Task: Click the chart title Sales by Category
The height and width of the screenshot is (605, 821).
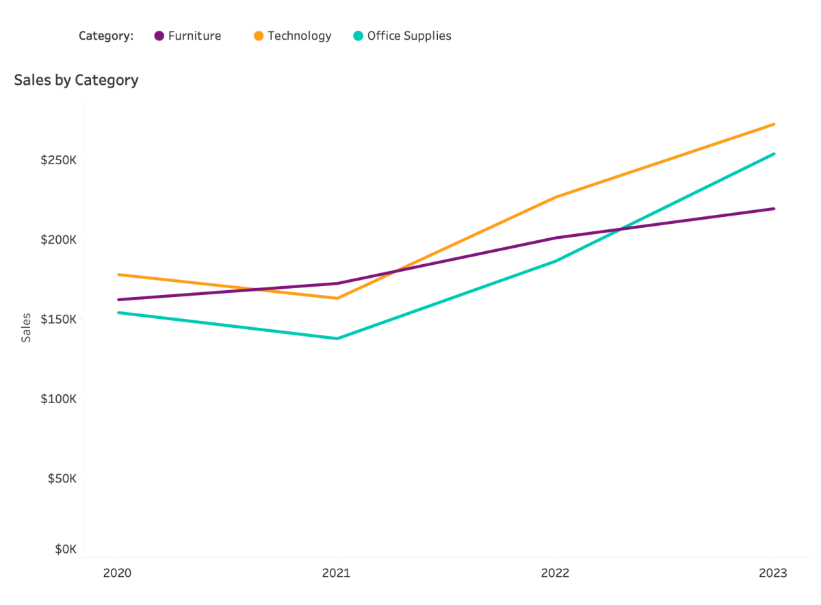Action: (x=76, y=80)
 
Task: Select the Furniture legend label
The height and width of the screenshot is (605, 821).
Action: (x=195, y=36)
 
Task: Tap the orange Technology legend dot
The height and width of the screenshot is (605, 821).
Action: (x=259, y=36)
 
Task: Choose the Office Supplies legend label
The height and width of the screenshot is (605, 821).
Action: (x=409, y=36)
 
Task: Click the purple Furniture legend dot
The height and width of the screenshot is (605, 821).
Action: (x=159, y=36)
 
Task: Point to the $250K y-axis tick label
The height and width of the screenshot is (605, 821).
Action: (x=58, y=160)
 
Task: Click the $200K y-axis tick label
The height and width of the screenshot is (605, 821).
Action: (x=58, y=240)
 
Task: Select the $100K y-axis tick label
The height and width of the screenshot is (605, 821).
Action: (x=58, y=398)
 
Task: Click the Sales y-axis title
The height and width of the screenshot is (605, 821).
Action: (x=26, y=327)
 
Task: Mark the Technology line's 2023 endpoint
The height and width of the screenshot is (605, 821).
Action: (x=774, y=125)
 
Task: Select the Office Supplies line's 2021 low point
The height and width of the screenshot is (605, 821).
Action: (x=337, y=339)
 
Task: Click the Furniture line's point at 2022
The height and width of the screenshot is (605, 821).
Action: (x=556, y=238)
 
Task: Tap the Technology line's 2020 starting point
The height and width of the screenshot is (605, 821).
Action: (x=118, y=274)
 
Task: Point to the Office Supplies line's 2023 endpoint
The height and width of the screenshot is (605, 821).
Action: (x=774, y=154)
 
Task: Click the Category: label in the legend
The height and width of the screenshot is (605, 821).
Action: (x=106, y=36)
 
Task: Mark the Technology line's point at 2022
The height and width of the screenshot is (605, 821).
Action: (x=556, y=197)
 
